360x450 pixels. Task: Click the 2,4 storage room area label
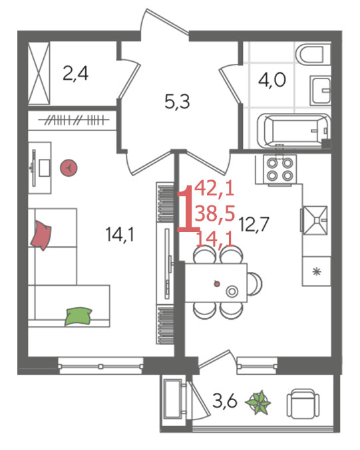76,74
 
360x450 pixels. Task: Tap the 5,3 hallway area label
177,102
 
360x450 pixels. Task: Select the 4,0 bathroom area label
271,80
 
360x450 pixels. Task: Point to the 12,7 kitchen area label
254,224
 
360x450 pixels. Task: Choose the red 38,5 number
215,214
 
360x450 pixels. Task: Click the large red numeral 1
187,208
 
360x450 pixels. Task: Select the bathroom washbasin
320,91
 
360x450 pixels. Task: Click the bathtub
293,130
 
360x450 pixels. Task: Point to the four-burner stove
280,169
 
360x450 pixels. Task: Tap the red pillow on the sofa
41,235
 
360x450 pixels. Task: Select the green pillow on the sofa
78,316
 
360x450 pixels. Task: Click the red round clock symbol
69,168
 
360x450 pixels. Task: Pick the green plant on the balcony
258,402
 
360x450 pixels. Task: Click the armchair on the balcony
303,403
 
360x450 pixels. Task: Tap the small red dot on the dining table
217,284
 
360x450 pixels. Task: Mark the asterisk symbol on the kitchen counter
316,271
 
